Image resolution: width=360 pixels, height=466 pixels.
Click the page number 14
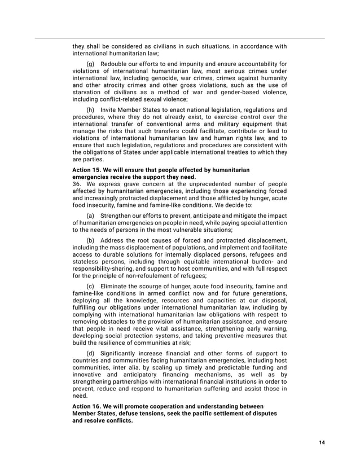pyautogui.click(x=321, y=442)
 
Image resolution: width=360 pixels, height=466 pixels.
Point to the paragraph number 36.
pyautogui.click(x=77, y=183)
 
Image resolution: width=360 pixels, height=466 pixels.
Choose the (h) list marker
pyautogui.click(x=90, y=109)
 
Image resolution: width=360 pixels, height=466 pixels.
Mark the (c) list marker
pyautogui.click(x=90, y=286)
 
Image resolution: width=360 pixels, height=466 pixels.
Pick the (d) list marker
pyautogui.click(x=90, y=353)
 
